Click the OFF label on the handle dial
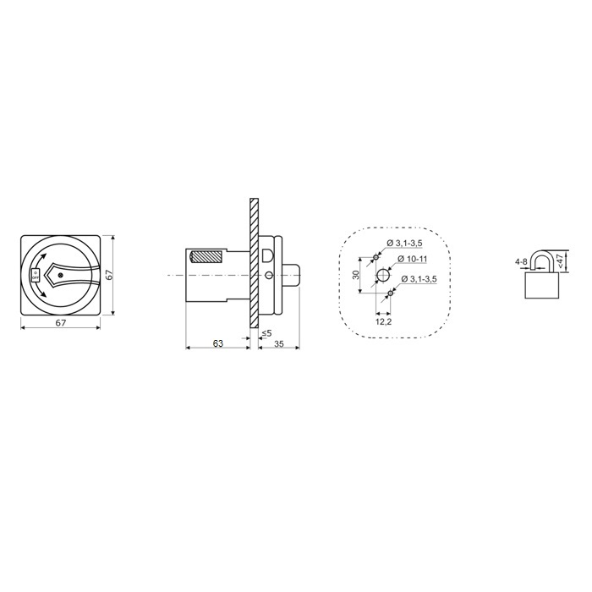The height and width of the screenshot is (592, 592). pos(36,278)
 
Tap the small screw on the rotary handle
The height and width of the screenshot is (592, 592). pos(61,275)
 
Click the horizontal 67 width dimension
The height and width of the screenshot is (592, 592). pos(61,323)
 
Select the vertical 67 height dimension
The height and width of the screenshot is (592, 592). pos(108,275)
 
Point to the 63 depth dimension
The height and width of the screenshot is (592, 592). pos(218,343)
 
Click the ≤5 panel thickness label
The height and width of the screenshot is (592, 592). pos(266,333)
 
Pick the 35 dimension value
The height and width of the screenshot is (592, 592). pos(278,343)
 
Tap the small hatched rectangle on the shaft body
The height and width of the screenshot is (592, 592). pos(206,257)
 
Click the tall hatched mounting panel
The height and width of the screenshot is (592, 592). pos(254,262)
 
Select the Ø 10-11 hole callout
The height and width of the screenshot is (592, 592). pos(413,259)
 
